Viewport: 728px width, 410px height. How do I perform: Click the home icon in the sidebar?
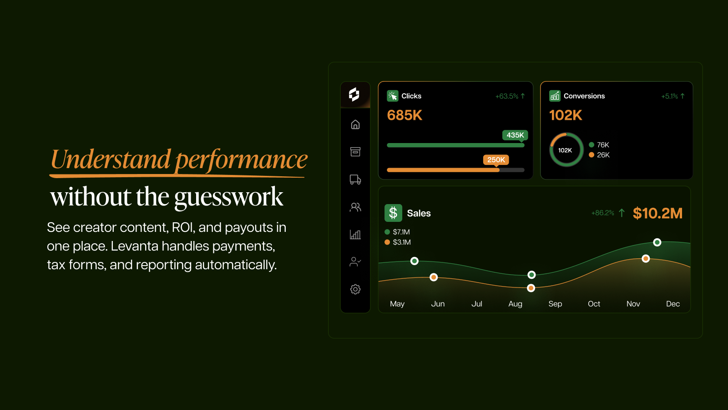click(355, 124)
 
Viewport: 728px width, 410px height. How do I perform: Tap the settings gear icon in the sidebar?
click(355, 289)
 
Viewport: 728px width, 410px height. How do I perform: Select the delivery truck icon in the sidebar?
click(355, 179)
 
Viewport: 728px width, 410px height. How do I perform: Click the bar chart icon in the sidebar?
click(355, 235)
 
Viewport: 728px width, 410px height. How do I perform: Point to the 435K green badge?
click(515, 135)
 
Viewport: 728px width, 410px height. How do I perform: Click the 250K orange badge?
click(496, 160)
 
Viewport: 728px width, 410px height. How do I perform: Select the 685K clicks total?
click(404, 115)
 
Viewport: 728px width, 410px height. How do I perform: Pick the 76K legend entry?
click(599, 145)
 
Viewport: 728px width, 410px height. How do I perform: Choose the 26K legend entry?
click(599, 155)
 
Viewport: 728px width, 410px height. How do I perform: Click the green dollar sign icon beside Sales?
click(393, 213)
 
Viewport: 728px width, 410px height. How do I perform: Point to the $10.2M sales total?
click(657, 214)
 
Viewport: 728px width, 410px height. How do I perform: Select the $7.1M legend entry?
click(397, 232)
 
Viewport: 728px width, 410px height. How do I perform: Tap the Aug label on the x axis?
click(515, 304)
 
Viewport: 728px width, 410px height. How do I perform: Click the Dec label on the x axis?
click(673, 304)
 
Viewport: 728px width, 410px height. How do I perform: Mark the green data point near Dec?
click(657, 242)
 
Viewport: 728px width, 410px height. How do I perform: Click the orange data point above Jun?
click(434, 277)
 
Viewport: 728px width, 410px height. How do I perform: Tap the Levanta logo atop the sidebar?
click(354, 95)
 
